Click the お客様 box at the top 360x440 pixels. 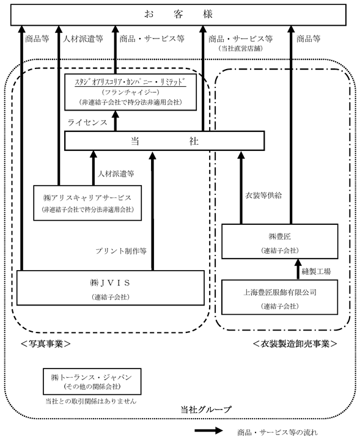point(178,15)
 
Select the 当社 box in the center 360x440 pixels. point(164,141)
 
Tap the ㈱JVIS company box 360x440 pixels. point(111,288)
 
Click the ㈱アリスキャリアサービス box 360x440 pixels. point(87,203)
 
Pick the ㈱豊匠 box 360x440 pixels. point(280,241)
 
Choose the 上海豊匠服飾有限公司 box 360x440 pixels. point(280,297)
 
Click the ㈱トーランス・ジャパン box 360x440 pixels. point(92,381)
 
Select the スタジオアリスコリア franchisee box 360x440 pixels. point(130,92)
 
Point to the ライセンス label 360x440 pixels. point(87,123)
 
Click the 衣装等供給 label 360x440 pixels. point(263,196)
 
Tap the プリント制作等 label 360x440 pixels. point(121,251)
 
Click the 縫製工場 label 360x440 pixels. point(316,271)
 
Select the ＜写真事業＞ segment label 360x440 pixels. point(46,343)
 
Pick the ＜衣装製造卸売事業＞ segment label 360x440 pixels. point(295,343)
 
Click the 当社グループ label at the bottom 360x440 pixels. point(206,409)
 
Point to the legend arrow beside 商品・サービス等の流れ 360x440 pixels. point(208,431)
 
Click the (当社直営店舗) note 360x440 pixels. point(241,48)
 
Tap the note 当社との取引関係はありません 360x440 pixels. point(91,402)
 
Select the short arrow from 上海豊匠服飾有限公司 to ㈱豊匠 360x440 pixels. point(298,269)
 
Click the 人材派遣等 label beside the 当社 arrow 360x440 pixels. point(116,174)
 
